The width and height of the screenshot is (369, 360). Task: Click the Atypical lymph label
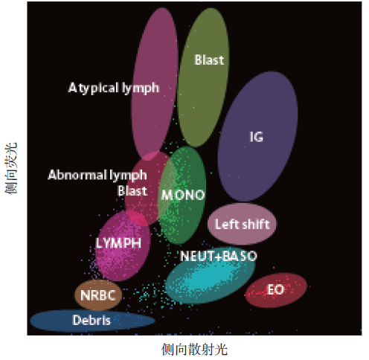point(113,88)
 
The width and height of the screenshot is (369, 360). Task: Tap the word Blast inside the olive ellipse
point(209,60)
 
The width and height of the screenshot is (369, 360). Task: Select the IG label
point(256,137)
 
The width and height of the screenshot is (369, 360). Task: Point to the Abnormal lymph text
point(97,176)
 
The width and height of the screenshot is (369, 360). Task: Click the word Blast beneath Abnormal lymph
point(132,191)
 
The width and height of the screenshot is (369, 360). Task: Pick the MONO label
point(183,195)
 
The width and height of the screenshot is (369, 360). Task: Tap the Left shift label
point(242,224)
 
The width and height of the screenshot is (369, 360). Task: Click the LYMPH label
point(118,243)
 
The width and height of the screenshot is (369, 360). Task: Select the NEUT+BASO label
point(219,256)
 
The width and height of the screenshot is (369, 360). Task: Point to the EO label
point(275,289)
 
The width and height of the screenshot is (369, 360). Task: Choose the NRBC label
point(98,295)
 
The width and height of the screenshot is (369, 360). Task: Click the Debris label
point(92,320)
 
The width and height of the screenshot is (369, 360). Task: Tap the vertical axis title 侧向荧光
point(11,168)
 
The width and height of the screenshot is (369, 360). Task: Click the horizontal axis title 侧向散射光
point(194,350)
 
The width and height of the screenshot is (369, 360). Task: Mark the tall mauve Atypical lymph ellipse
point(155,84)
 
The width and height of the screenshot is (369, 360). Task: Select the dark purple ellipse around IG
point(258,136)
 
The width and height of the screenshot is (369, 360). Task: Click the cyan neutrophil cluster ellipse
point(211,275)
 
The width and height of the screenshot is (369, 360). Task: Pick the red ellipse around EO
point(276,290)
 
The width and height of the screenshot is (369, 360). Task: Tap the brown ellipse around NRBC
point(98,295)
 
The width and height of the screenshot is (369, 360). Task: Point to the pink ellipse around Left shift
point(242,224)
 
